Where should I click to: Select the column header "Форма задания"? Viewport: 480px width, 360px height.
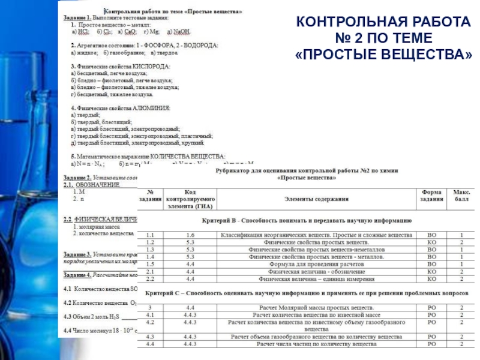[431, 194]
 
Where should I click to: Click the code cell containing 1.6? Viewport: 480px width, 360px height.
[190, 235]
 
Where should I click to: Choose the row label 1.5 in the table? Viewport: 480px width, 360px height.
[150, 264]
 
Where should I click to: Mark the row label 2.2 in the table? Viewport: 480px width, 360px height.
[150, 279]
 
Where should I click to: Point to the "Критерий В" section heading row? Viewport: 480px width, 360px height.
[305, 221]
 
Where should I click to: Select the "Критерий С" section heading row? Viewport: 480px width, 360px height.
[305, 293]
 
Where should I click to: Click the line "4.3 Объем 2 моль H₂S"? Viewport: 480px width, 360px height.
[90, 316]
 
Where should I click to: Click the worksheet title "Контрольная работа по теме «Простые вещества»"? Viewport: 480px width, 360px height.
[174, 10]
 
